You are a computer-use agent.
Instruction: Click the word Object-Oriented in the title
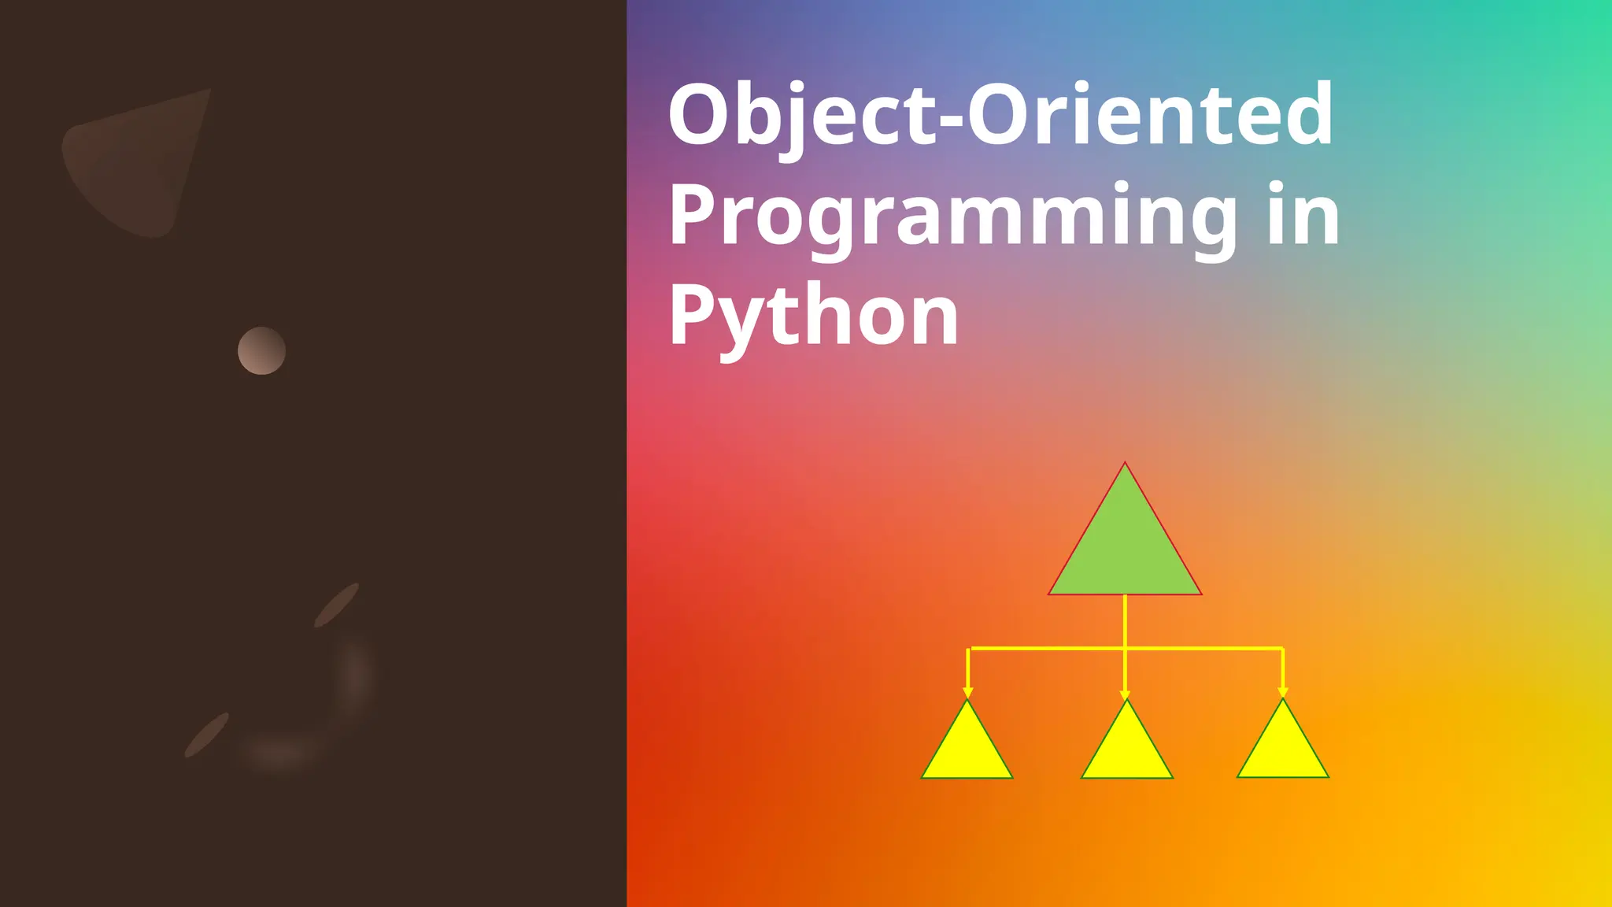1000,115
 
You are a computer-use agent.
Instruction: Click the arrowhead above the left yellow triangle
968,692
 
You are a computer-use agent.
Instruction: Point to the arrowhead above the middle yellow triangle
1126,694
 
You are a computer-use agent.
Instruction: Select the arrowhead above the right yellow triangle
1283,692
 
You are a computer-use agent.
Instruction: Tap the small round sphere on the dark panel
261,350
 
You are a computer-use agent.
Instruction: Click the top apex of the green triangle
1125,465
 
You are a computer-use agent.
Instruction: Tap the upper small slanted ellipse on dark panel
337,605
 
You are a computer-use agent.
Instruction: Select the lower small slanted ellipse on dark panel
207,735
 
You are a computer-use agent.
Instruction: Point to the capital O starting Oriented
1000,115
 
